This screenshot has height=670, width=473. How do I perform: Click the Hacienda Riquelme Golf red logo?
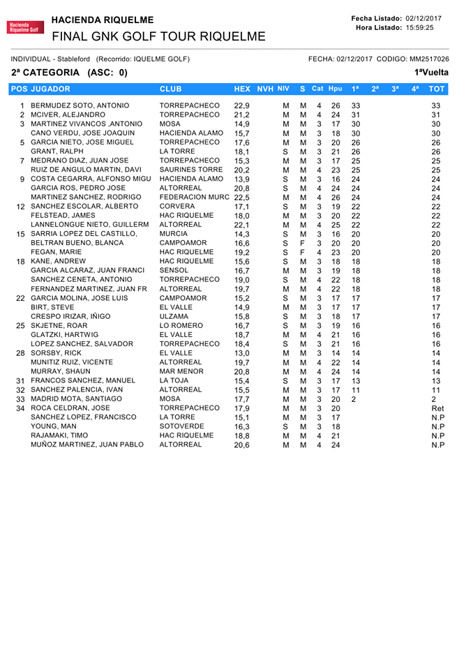point(24,27)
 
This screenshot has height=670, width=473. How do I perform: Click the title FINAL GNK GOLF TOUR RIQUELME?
point(158,36)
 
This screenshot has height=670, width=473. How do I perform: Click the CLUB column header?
point(172,89)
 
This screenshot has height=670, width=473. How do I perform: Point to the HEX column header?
point(242,89)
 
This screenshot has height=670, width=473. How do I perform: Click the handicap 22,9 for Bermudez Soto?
point(241,105)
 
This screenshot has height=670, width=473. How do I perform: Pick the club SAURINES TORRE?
point(188,169)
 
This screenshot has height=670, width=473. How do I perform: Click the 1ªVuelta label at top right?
point(430,73)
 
